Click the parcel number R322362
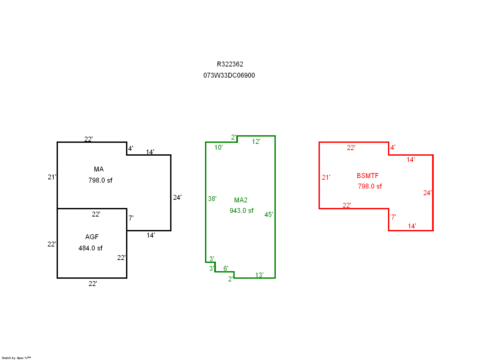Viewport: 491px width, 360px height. click(x=230, y=64)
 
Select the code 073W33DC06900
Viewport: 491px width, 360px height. click(x=229, y=75)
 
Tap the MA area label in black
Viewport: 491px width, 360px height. click(x=99, y=169)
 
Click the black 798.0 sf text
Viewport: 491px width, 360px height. click(x=100, y=180)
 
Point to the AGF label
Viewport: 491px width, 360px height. click(x=92, y=237)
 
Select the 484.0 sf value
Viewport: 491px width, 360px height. click(x=90, y=248)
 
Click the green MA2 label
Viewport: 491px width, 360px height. click(x=241, y=200)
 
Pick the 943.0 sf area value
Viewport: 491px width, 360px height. click(x=242, y=211)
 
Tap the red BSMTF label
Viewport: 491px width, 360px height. click(x=368, y=176)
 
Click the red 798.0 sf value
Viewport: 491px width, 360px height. click(x=370, y=186)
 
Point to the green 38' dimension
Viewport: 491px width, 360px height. click(x=212, y=199)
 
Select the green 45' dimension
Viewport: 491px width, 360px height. click(x=269, y=215)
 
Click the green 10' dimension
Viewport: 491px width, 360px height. click(x=219, y=147)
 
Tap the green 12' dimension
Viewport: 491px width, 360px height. click(x=256, y=141)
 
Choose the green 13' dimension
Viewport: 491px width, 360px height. click(x=259, y=275)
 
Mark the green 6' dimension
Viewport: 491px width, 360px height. click(x=226, y=268)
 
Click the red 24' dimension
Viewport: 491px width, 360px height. click(x=427, y=193)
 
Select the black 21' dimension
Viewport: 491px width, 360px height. click(x=52, y=177)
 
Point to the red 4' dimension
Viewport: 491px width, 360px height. click(x=393, y=147)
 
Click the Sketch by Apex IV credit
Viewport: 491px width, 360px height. click(x=16, y=358)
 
